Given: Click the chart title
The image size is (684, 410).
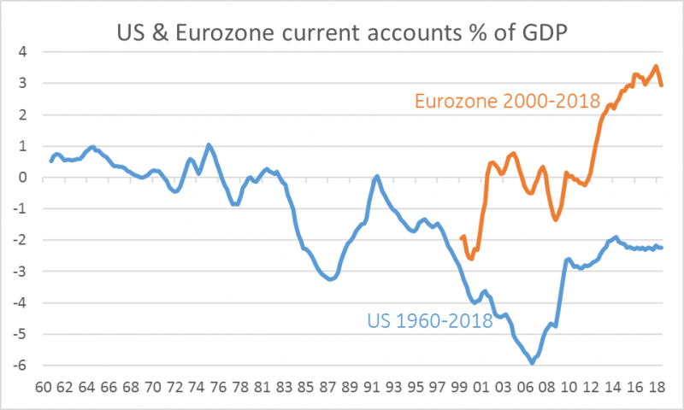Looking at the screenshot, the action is point(342,32).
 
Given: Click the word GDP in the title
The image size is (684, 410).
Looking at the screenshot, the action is point(545,32).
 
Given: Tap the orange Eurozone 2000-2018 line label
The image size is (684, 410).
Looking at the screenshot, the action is point(507,101).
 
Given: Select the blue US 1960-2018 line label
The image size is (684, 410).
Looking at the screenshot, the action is point(430,321).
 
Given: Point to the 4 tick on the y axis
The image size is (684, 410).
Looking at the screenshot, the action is point(23,52).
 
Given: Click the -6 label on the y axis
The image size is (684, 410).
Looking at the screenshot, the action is point(20,365).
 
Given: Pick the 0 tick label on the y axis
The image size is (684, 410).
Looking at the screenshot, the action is point(23,178).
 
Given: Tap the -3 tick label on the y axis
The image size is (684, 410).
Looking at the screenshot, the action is point(20,271).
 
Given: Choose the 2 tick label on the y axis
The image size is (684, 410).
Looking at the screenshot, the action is point(23,114).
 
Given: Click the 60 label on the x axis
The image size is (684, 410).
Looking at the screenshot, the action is point(44,387).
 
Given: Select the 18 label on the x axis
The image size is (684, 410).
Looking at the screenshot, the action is point(657,387).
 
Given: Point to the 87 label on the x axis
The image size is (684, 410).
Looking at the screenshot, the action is point(328,387).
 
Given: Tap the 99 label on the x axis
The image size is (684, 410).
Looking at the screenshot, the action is point(459,387).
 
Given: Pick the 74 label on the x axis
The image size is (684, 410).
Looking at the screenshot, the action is point(197,387).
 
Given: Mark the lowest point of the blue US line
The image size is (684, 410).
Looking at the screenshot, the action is point(532,363).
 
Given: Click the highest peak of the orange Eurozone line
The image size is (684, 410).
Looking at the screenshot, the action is point(656,67).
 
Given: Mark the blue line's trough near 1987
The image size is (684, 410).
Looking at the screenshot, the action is point(330,279).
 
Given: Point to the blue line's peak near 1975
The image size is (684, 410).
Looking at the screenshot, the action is point(209,144).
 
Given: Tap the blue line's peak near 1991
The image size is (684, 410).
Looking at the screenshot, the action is point(377,177).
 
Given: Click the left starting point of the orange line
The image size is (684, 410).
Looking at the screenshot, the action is point(462,238).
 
